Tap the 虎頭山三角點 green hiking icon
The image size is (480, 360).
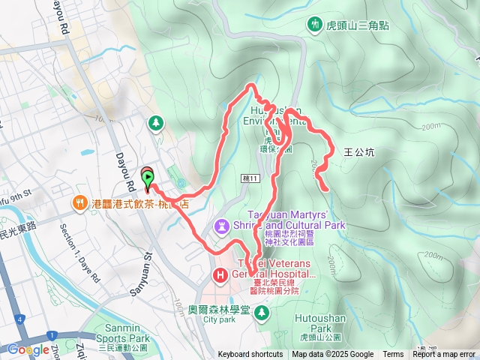tap(311, 25)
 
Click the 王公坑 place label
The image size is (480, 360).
tap(358, 151)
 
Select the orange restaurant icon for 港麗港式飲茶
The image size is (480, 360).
tap(79, 202)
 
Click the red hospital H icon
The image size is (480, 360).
tap(220, 275)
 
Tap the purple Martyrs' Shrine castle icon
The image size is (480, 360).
tap(221, 225)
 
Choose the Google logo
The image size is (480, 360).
tap(28, 349)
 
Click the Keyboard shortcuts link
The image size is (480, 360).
tap(250, 355)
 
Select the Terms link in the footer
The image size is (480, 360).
tap(393, 355)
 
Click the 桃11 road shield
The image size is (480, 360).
tap(250, 178)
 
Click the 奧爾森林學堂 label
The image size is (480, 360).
tap(219, 308)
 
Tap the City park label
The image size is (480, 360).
tap(219, 319)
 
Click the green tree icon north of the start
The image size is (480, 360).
tap(156, 121)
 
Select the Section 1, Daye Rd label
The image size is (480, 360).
tap(79, 255)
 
